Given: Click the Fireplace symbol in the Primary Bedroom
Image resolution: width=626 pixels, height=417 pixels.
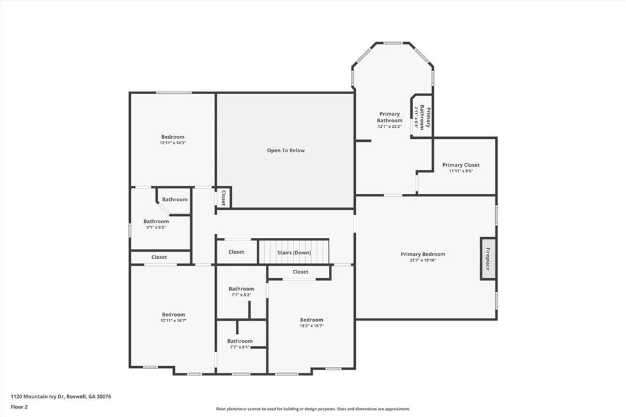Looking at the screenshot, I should point(488,258).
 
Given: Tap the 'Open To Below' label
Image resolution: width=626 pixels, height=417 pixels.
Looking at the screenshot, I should point(285,150).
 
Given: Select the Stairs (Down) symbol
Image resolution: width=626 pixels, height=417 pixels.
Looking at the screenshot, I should point(293,252).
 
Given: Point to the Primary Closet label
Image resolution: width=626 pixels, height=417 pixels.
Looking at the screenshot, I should point(461,165).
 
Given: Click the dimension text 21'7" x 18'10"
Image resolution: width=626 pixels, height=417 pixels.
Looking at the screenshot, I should point(423,260).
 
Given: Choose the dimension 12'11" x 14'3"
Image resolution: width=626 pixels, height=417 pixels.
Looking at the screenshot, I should point(173,143).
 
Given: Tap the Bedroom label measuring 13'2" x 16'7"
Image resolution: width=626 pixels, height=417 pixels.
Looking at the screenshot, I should point(311,320).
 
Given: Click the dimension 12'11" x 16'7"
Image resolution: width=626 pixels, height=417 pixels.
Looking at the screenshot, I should point(173,320).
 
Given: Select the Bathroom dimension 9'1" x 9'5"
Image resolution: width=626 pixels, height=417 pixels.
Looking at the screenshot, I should point(156,227).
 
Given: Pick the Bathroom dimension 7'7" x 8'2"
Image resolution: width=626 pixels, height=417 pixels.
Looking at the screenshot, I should point(241,295).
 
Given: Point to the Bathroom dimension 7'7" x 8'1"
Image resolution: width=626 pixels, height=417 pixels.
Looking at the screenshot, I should point(240,347).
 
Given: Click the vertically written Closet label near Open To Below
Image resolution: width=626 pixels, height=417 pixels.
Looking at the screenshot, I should point(224,197).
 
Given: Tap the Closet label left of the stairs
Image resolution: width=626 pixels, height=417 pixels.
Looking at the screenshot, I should point(236,252).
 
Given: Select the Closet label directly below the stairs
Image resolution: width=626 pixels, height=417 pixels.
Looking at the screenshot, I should point(300,271).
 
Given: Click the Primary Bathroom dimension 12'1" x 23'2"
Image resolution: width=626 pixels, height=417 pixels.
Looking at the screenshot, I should point(389,127).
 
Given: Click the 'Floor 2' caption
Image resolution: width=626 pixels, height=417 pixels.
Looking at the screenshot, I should point(20,407).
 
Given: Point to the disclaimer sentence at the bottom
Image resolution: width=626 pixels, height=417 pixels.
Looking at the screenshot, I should point(312,409).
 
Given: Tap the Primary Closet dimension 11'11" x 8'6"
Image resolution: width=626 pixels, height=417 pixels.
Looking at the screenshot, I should point(461,171).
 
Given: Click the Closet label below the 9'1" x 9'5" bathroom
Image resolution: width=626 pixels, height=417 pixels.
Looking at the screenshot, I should point(159,257).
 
